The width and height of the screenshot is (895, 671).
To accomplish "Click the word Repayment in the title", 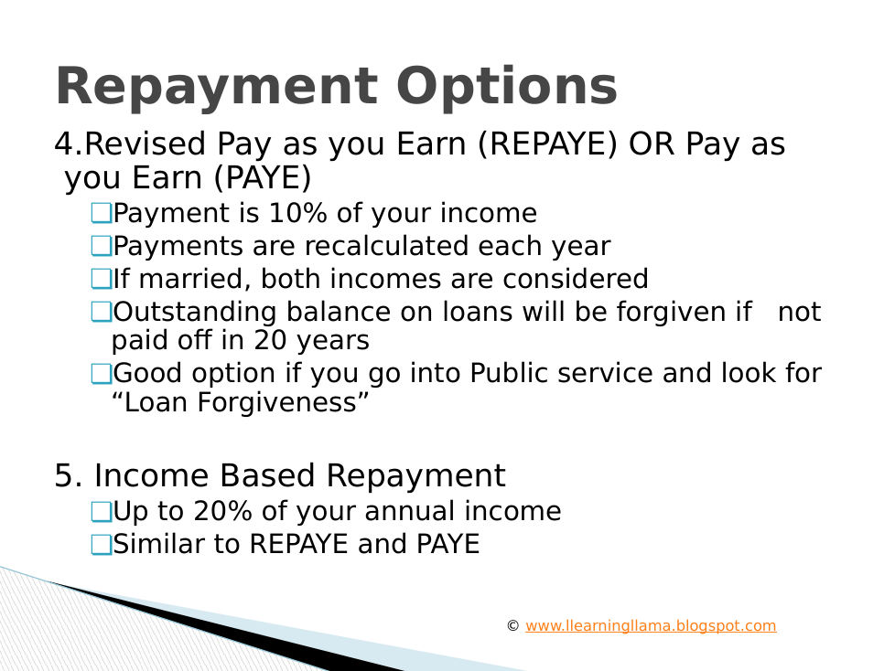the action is pos(217,87).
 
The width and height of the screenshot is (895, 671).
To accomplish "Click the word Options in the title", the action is pos(507,87).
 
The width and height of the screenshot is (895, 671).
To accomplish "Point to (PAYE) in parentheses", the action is pos(263,178).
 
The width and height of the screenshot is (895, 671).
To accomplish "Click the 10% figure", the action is pos(297,213).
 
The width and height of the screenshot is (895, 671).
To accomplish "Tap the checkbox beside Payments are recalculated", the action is pos(102,246).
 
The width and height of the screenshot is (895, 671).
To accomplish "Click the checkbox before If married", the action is pos(102,280).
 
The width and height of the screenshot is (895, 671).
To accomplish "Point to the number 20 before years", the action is pos(270,340).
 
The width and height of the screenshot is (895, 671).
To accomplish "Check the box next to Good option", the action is pos(102,374).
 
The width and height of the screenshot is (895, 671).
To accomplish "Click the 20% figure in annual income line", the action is pos(222,511).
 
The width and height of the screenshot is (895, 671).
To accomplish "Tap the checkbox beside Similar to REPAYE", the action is pos(102,545).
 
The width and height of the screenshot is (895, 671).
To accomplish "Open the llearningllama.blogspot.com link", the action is pos(651,626).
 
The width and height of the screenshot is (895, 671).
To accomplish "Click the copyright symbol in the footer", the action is pos(512,626).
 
